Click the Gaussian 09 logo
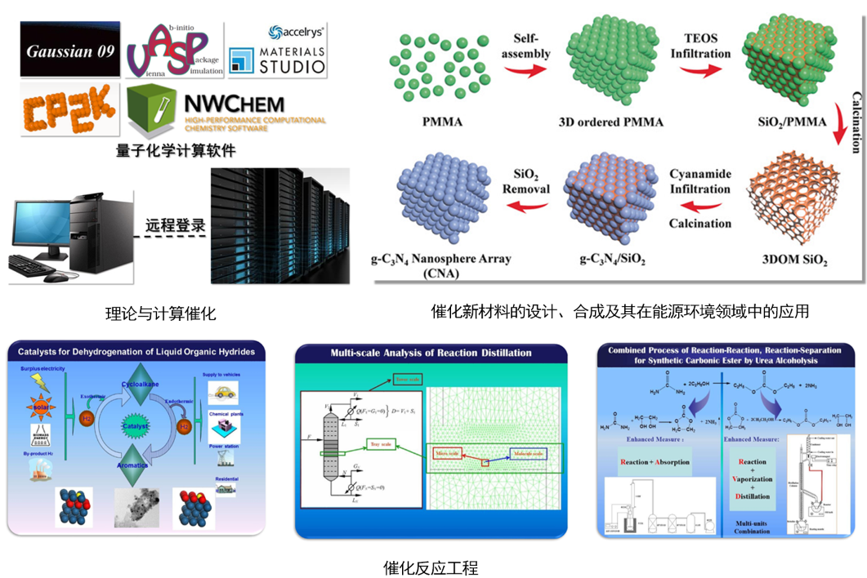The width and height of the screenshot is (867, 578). point(70,51)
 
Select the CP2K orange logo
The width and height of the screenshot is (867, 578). point(70,109)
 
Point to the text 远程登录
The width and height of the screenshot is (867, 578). point(175,224)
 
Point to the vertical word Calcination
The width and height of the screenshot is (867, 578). point(856,122)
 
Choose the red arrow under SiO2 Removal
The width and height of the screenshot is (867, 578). point(529,210)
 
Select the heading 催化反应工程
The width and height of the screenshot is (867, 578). point(431,567)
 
